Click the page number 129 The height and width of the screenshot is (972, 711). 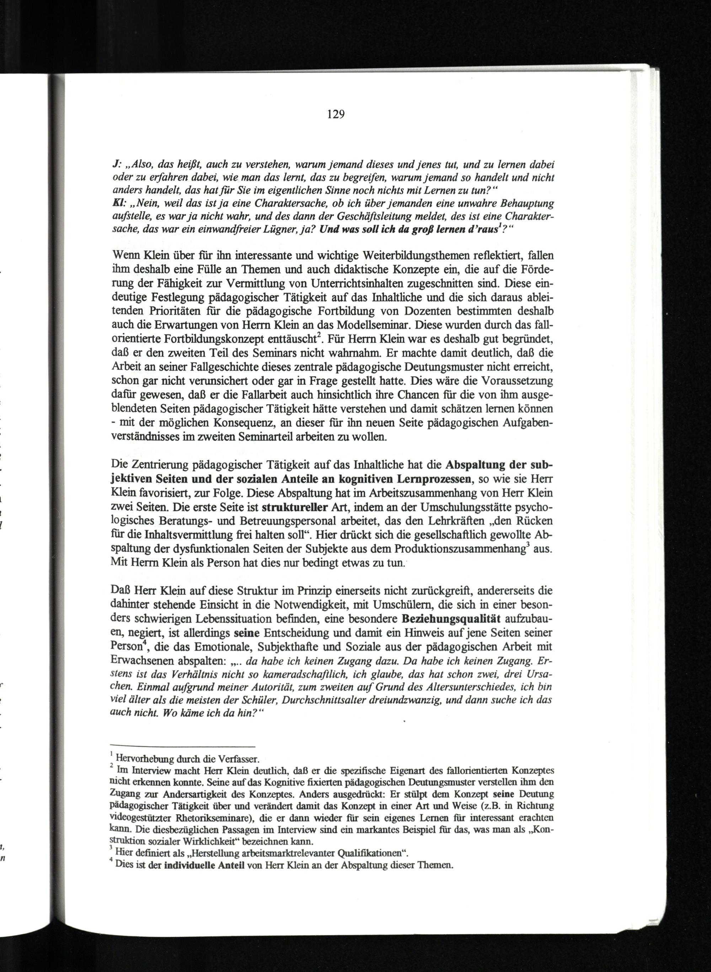tap(336, 114)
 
